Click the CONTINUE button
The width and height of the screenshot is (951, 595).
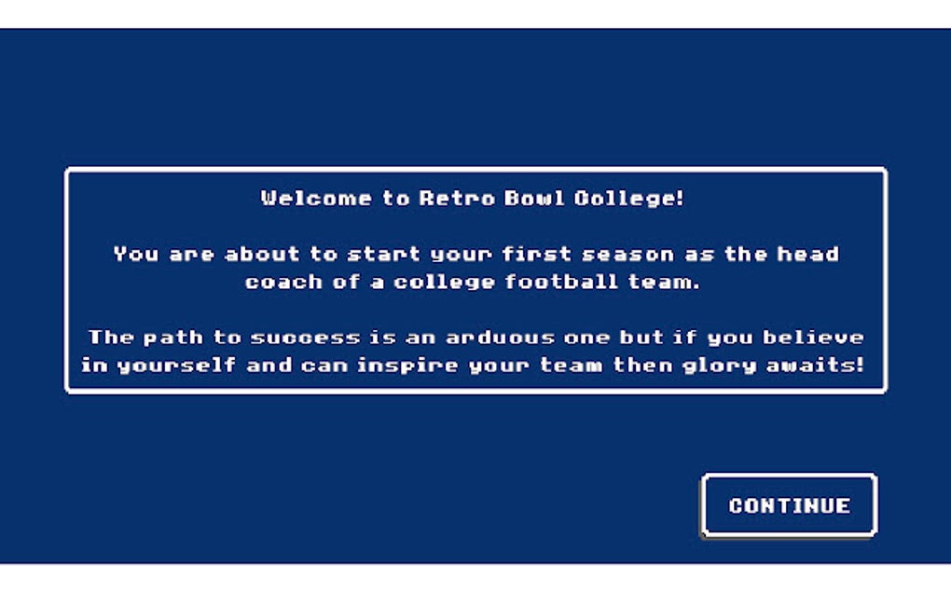(789, 505)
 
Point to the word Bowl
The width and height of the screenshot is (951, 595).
(531, 198)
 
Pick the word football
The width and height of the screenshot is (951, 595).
(558, 282)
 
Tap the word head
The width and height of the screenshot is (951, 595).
(811, 254)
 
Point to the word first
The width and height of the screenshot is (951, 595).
(535, 254)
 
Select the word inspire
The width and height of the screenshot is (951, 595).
(407, 365)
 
